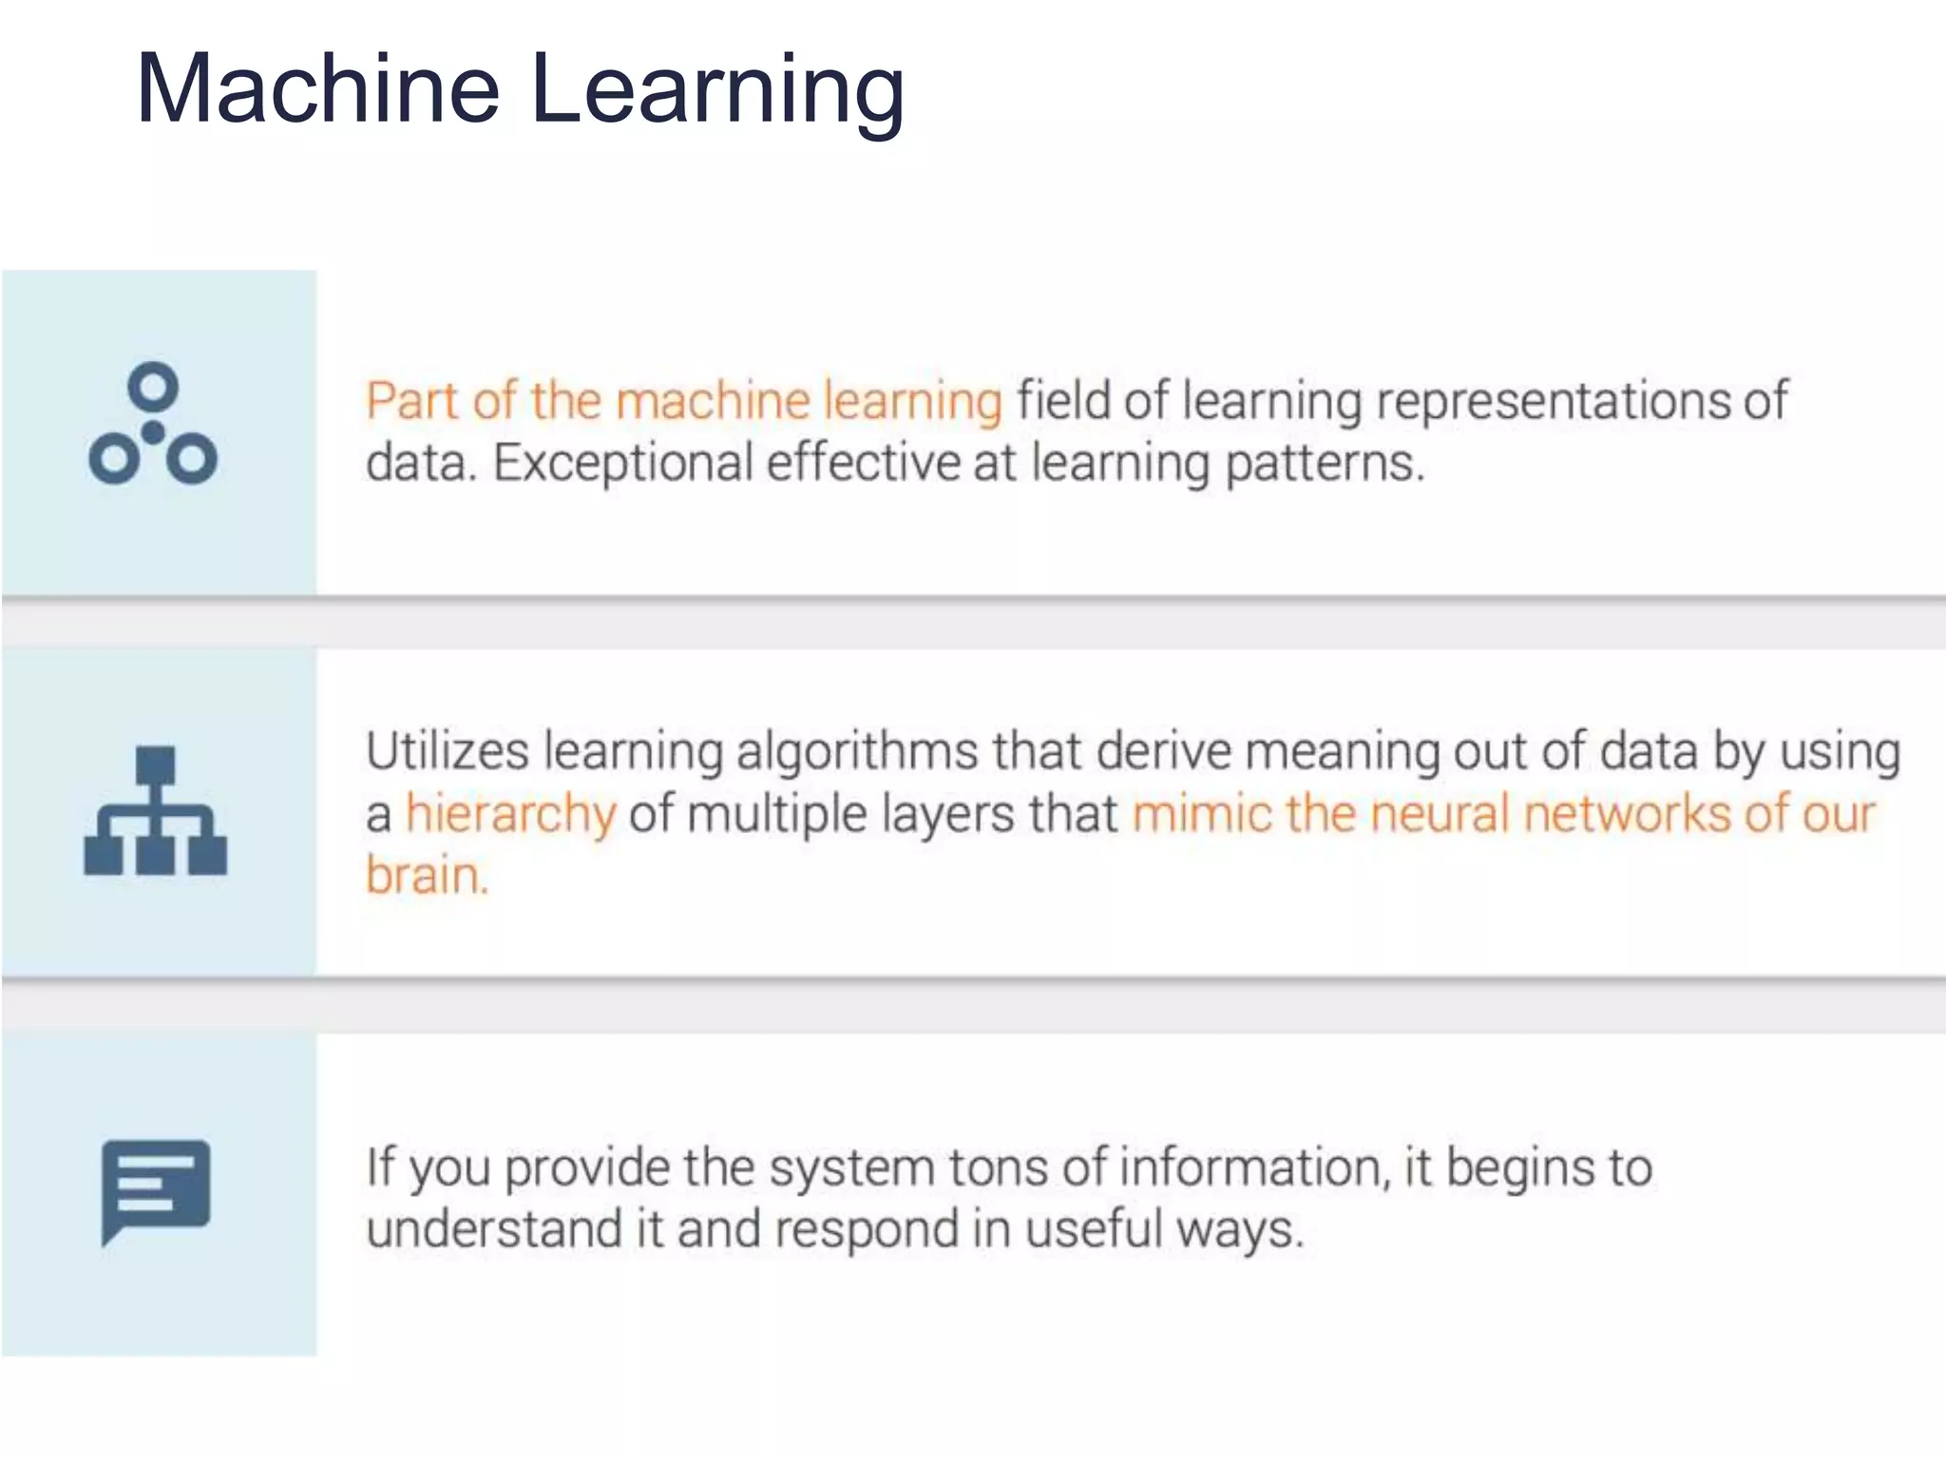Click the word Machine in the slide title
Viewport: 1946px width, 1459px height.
[317, 88]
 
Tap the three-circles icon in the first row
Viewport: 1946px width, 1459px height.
[153, 425]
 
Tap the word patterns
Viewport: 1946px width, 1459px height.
[1325, 464]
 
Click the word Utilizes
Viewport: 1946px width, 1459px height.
[447, 751]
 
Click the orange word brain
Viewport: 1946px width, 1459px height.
[427, 876]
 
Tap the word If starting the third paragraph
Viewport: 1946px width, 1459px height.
[380, 1166]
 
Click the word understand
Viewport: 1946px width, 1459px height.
[493, 1229]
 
